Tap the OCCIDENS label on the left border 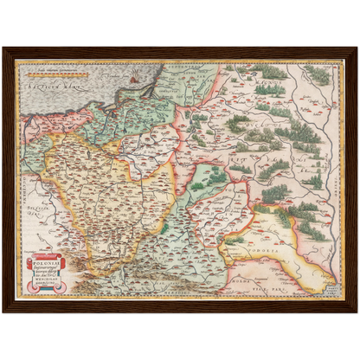tap(18, 173)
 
